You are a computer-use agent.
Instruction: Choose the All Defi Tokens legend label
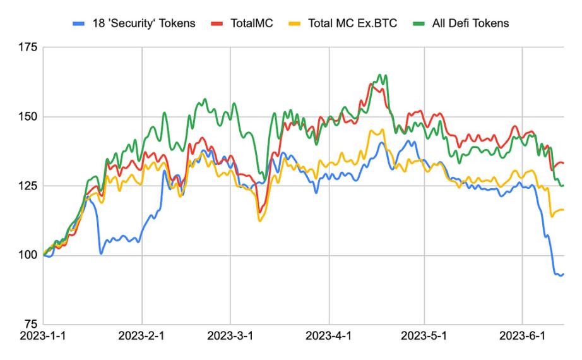[470, 23]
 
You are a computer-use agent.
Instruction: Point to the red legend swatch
[214, 24]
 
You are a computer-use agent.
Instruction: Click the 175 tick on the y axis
[27, 47]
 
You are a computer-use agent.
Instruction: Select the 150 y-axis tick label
[27, 117]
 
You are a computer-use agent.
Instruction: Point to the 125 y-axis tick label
[27, 186]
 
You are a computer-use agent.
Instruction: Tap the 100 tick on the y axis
[27, 255]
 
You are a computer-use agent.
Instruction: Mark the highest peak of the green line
[379, 75]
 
